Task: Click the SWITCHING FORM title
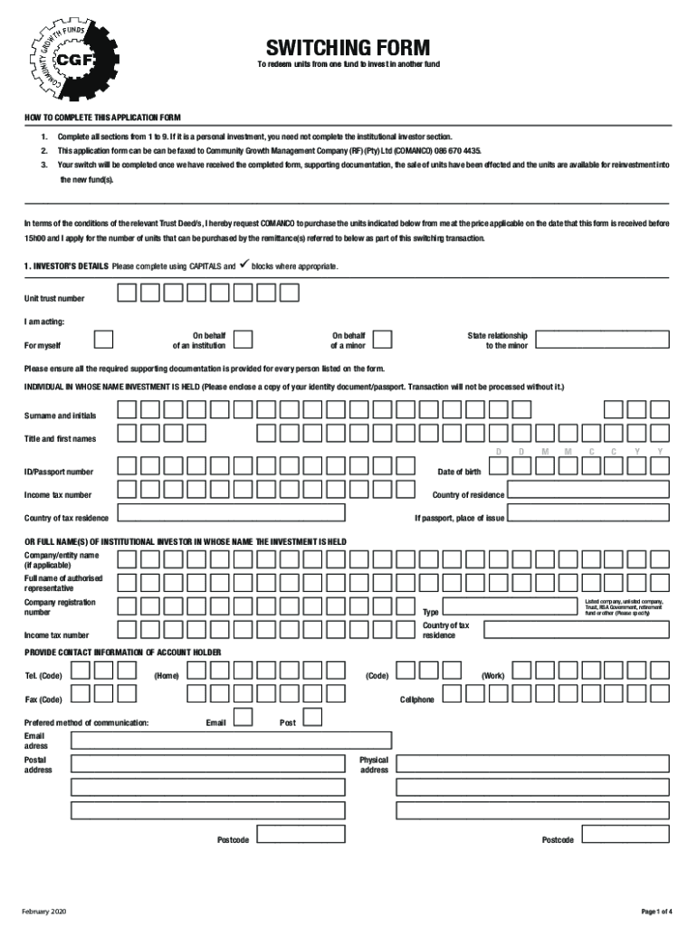(348, 48)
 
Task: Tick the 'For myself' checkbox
(105, 339)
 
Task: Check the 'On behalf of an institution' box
(242, 339)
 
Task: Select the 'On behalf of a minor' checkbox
(383, 339)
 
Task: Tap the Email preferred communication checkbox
(243, 718)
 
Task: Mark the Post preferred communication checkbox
(312, 718)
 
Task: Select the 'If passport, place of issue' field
(587, 513)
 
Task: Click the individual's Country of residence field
(587, 491)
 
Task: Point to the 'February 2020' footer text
(44, 910)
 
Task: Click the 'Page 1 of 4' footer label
(656, 910)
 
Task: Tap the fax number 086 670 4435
(458, 150)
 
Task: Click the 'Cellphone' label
(417, 700)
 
